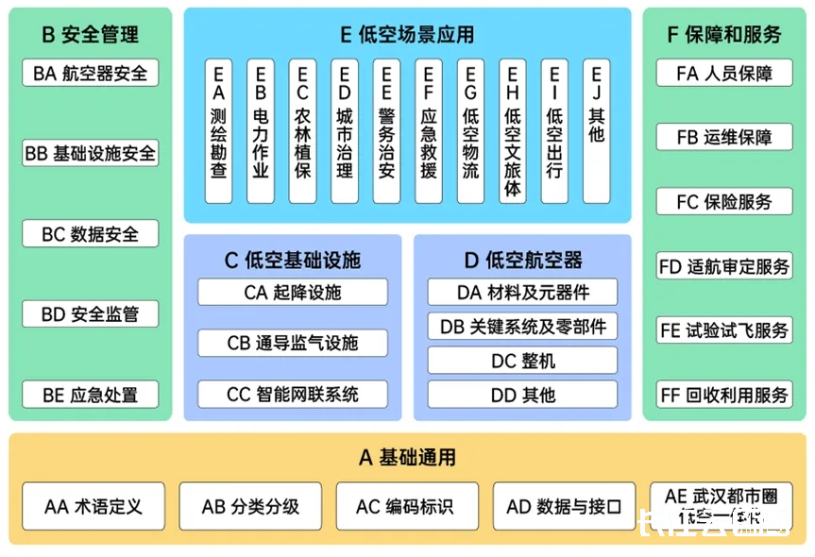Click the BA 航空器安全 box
(x=90, y=73)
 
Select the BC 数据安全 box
(x=90, y=234)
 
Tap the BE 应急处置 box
(x=90, y=395)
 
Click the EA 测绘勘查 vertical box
(x=218, y=130)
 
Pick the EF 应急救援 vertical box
(x=428, y=130)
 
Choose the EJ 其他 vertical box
(x=596, y=130)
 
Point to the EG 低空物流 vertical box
(x=470, y=130)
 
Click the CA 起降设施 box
(x=292, y=292)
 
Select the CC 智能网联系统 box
(x=292, y=394)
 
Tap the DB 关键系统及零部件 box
(x=522, y=326)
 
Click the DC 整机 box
(x=522, y=361)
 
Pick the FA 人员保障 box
(x=724, y=73)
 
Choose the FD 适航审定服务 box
(x=724, y=266)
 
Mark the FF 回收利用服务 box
(x=724, y=395)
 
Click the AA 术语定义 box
(x=93, y=507)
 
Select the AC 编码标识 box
(x=404, y=507)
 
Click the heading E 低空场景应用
(x=407, y=35)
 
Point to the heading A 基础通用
(x=407, y=458)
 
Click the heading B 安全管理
(x=90, y=35)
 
